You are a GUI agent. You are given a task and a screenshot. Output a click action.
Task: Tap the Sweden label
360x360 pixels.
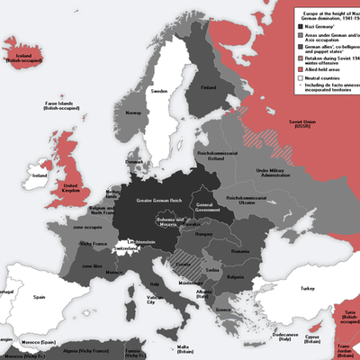[x=158, y=92]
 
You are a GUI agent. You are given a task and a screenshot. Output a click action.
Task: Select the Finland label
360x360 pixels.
[x=209, y=87]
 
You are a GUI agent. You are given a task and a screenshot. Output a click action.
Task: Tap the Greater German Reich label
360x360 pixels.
[x=157, y=199]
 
